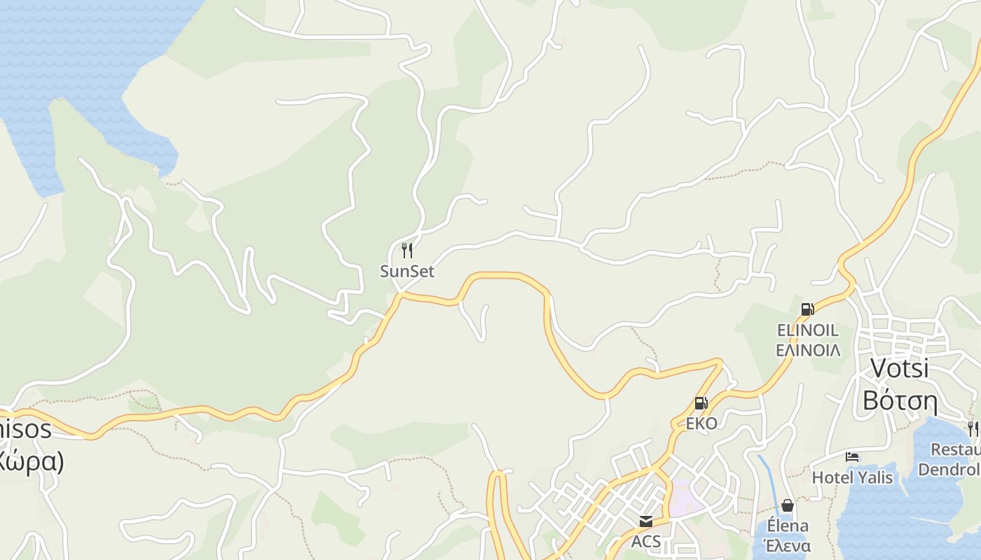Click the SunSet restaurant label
407,271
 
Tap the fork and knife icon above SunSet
407,250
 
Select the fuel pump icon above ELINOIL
807,309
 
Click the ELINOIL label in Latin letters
807,330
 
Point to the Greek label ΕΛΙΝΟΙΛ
808,349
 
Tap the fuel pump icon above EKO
701,403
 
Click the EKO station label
701,423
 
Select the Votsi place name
899,368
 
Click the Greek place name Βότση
900,400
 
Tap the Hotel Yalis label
852,477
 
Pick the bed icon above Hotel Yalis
852,457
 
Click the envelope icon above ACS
645,521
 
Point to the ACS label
645,541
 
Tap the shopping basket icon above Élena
788,505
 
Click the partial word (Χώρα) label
31,461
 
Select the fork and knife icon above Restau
973,428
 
